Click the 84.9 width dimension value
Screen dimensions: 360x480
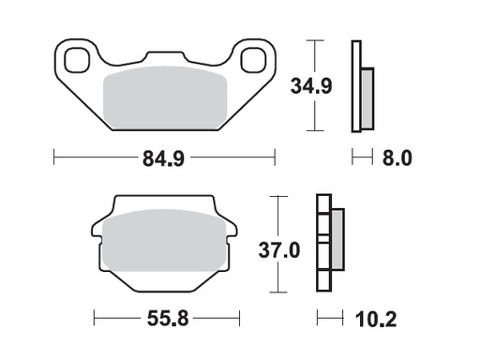point(163,158)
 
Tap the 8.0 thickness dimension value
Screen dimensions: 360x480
point(397,158)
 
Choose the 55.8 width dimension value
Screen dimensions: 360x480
point(167,319)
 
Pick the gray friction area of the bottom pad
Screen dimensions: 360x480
point(166,246)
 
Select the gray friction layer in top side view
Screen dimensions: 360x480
point(367,98)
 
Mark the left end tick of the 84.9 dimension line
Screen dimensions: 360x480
point(54,157)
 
